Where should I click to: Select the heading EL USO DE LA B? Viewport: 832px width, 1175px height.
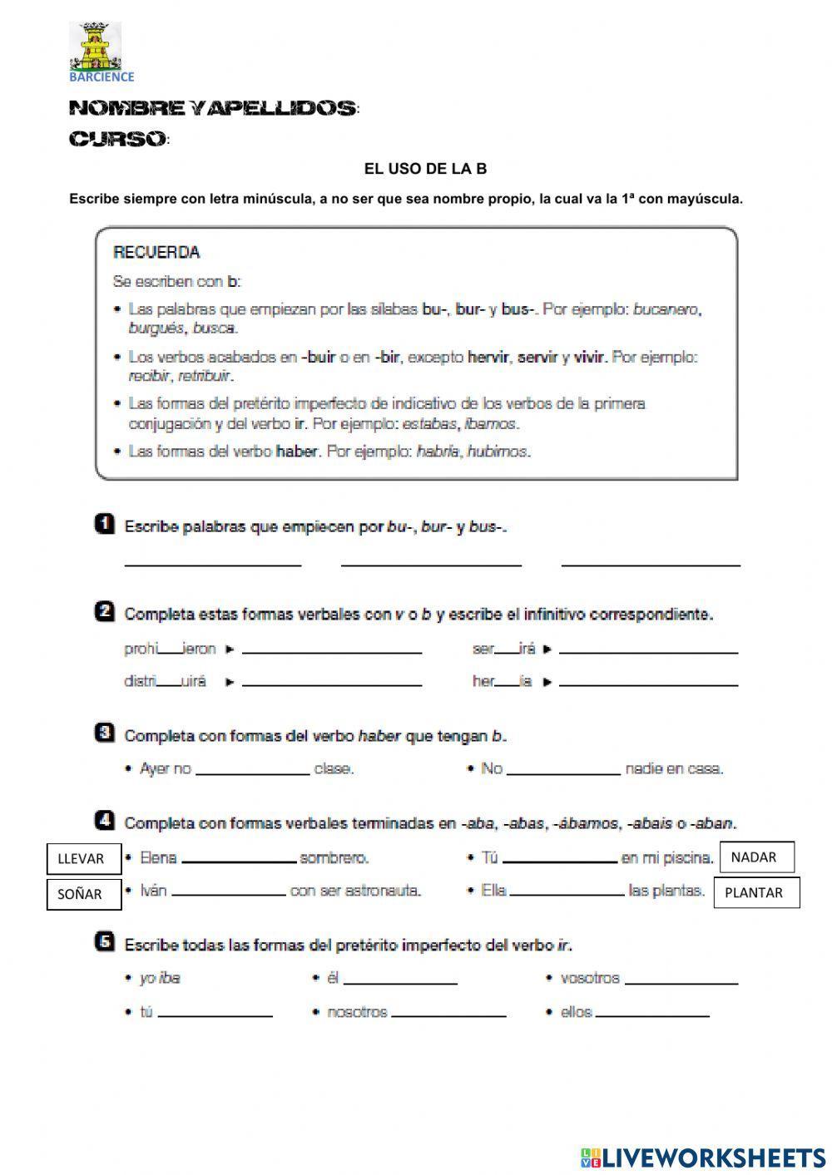(425, 169)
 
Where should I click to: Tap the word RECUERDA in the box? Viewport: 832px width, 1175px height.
(156, 253)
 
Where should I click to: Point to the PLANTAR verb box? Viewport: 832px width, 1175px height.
(756, 892)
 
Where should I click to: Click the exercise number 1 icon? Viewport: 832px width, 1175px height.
(105, 525)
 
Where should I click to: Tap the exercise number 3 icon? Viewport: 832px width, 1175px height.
(105, 733)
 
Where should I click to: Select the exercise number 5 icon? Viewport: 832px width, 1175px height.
(105, 942)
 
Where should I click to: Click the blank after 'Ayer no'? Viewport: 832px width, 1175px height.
(252, 768)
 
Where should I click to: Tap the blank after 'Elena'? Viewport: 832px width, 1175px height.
(239, 857)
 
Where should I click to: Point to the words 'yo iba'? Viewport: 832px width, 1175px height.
(160, 978)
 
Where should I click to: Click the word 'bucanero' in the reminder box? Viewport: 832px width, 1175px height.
(666, 309)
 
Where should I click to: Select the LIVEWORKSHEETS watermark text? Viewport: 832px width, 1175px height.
(714, 1157)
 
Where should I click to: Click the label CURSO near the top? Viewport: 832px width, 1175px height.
(117, 140)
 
